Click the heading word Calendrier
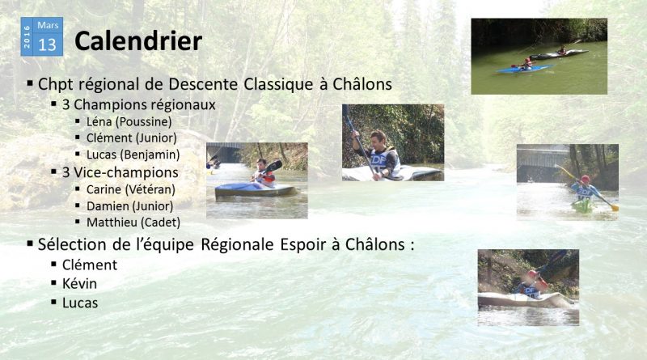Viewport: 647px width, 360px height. pos(138,41)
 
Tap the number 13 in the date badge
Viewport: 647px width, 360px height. pos(47,44)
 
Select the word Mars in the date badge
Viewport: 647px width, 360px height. pos(48,25)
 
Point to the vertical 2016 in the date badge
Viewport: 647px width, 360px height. pos(27,36)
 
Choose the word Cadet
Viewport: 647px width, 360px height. pos(160,222)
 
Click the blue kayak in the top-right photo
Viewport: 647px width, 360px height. pos(524,69)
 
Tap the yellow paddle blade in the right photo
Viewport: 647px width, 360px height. pos(615,207)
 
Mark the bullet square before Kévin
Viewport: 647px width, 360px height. pos(53,283)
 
